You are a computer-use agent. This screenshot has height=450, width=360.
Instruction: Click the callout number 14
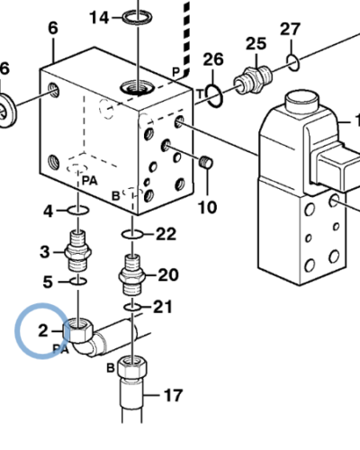click(x=98, y=17)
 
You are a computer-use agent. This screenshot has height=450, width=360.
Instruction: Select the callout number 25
click(x=256, y=44)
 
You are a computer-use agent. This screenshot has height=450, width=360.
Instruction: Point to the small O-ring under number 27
click(x=292, y=62)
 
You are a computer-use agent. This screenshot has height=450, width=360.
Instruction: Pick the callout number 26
click(x=212, y=60)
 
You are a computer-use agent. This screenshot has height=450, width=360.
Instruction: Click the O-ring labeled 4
click(x=77, y=212)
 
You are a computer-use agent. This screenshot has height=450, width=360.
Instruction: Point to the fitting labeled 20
click(x=131, y=273)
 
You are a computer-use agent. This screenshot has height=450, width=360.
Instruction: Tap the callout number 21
click(x=162, y=307)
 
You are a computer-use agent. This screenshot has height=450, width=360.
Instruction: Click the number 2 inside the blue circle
click(x=42, y=330)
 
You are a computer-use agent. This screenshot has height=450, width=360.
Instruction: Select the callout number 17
click(x=173, y=393)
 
